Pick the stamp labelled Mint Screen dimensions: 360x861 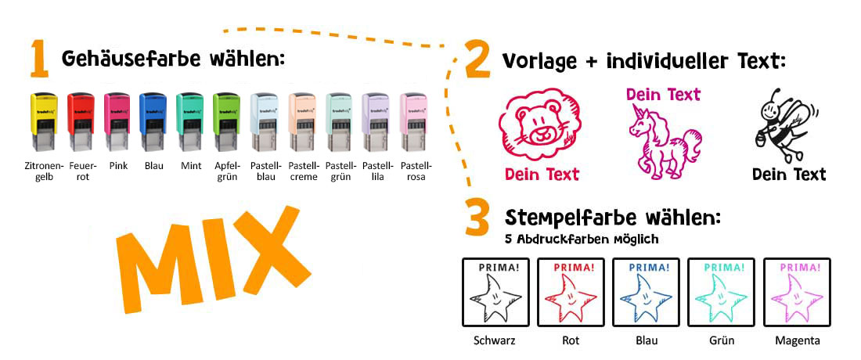click(190, 123)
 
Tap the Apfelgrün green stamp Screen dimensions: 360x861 click(226, 123)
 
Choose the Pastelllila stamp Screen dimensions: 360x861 click(377, 123)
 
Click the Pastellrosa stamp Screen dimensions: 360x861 click(414, 123)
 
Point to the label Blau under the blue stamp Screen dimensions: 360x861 click(153, 166)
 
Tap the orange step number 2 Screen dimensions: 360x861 click(477, 61)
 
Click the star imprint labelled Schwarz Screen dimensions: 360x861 click(495, 292)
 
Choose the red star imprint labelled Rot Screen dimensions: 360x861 click(570, 292)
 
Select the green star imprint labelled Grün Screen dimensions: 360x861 click(721, 292)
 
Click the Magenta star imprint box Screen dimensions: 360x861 click(797, 292)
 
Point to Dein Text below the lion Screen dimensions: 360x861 click(541, 174)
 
